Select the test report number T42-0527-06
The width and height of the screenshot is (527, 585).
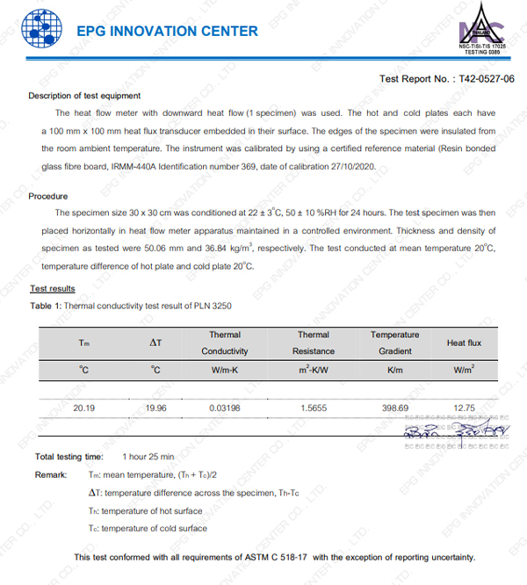tap(486, 79)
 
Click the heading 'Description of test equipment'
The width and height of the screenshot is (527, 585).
tap(84, 96)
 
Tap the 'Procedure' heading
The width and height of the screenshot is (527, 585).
tap(48, 196)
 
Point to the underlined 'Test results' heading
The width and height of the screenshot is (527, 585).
tap(53, 288)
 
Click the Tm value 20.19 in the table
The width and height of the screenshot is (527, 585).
tap(84, 408)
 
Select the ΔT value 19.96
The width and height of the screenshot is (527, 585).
tap(155, 408)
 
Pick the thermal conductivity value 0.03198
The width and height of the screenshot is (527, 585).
tap(225, 408)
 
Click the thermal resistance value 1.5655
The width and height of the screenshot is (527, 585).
tap(313, 408)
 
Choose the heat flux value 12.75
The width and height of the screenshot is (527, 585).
tap(464, 408)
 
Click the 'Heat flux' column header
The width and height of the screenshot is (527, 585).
tap(462, 343)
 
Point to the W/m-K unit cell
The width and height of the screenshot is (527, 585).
tap(225, 370)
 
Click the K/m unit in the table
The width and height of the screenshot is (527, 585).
tap(388, 370)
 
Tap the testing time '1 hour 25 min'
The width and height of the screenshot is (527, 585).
tap(148, 457)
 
